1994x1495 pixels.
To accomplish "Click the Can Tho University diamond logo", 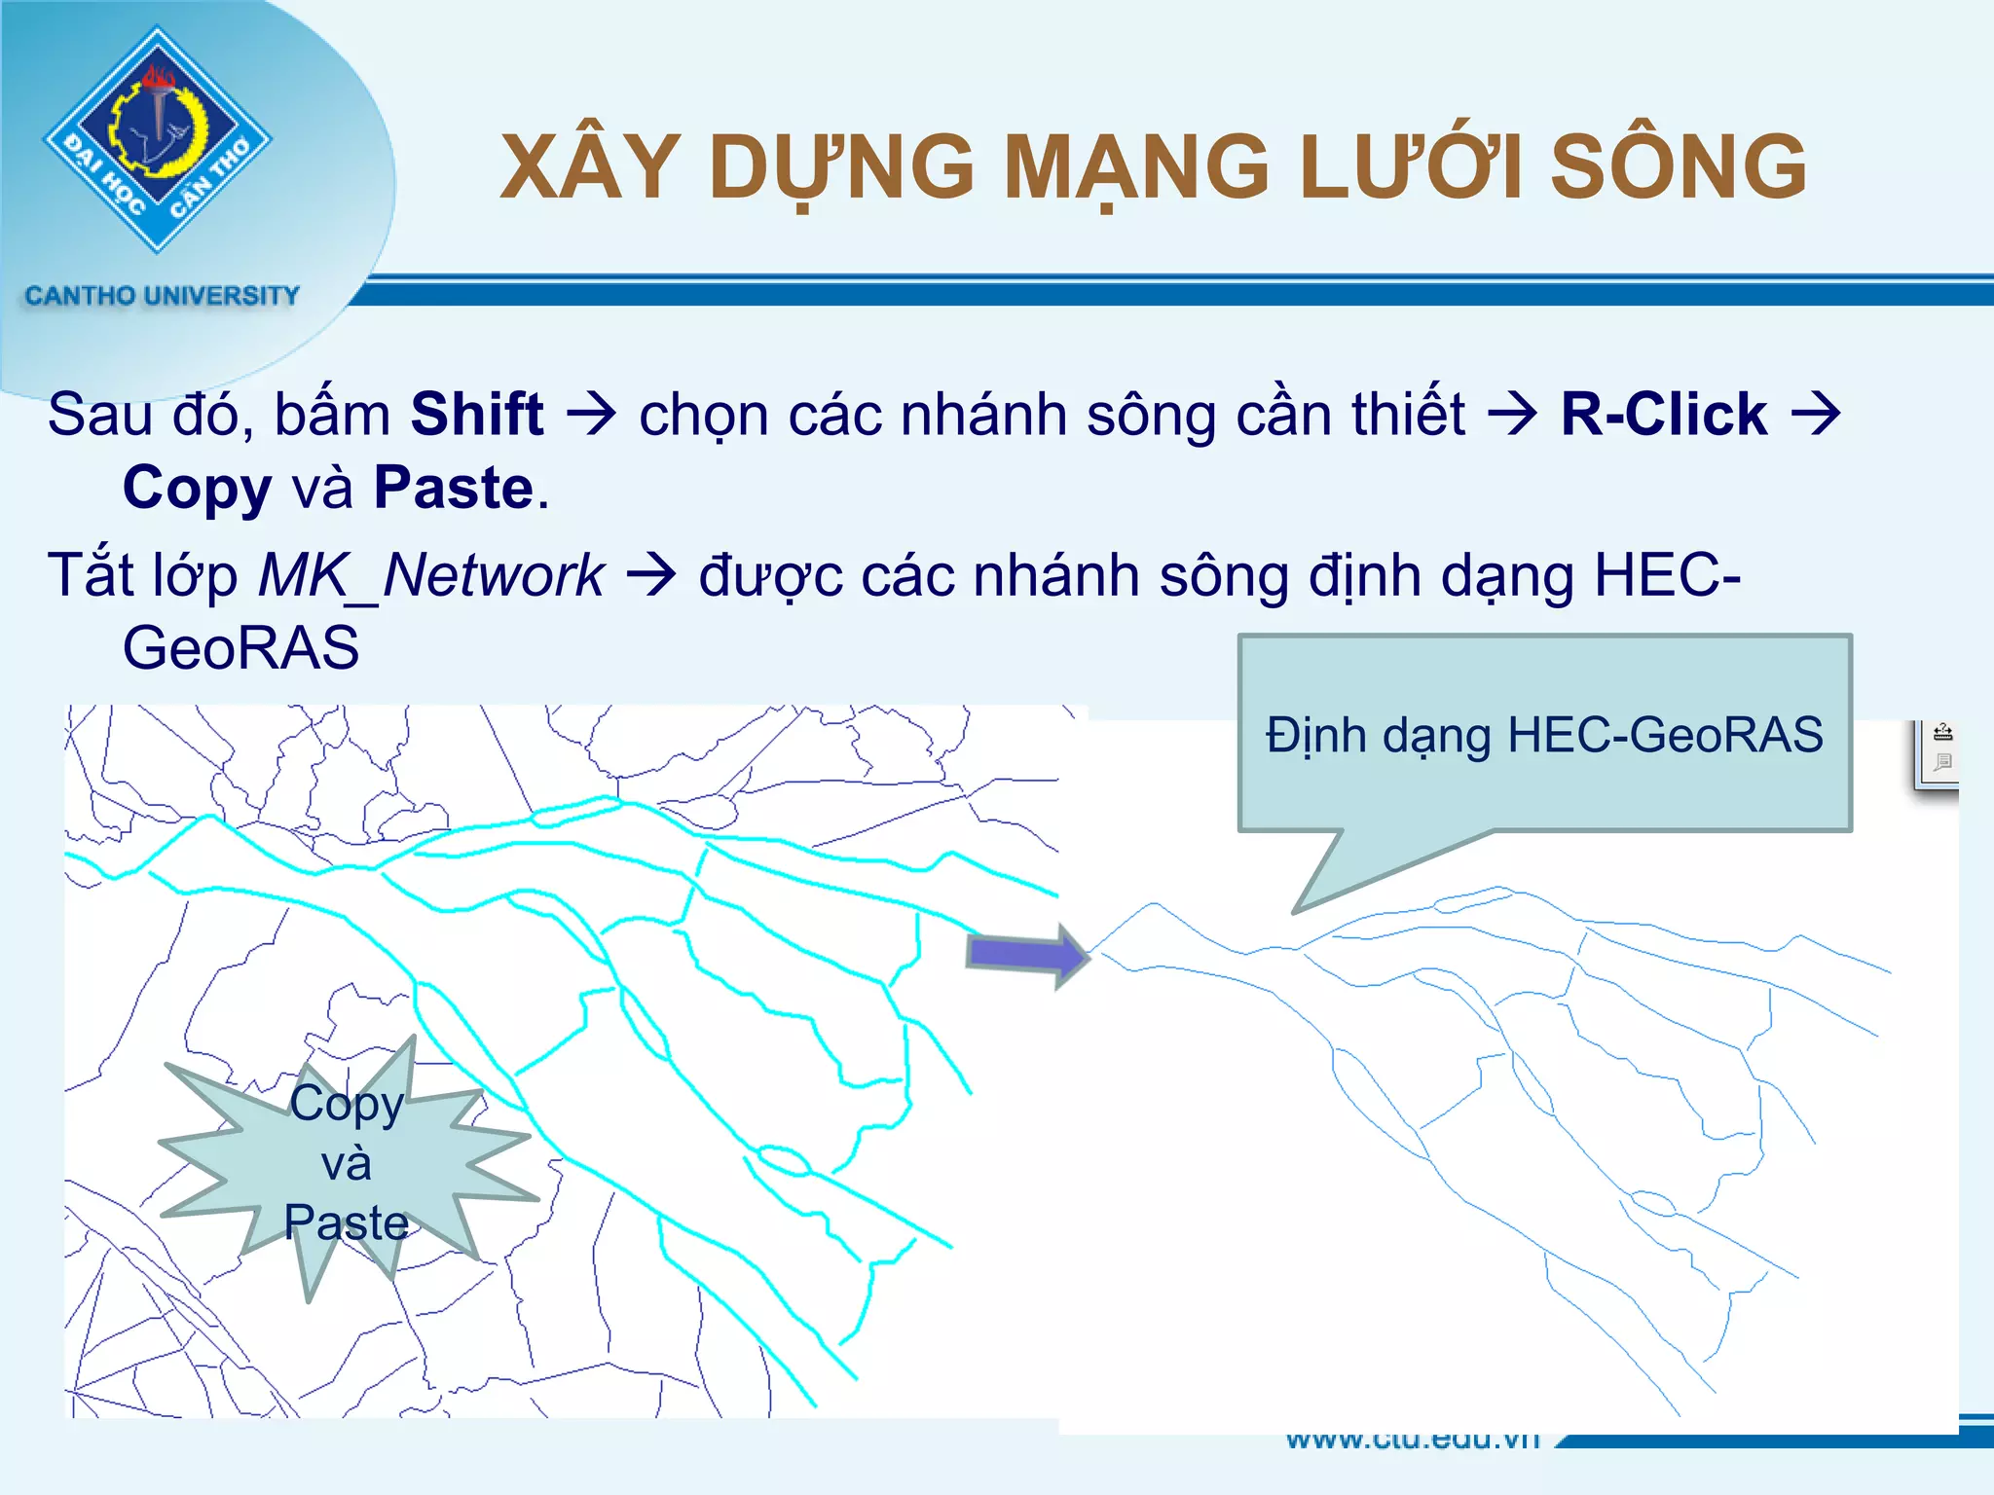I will [158, 139].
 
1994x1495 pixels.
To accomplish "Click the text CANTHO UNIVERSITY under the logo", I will [162, 295].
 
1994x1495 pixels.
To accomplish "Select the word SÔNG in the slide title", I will [1678, 167].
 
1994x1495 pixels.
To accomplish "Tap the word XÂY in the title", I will [590, 167].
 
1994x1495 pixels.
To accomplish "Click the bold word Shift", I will [476, 415].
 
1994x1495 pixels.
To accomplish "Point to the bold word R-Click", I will [1663, 415].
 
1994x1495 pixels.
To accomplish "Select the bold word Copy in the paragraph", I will [197, 488].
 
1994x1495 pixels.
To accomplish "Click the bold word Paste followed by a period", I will [454, 488].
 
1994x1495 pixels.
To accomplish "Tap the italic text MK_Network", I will [431, 575].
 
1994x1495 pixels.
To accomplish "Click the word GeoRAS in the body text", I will [240, 648].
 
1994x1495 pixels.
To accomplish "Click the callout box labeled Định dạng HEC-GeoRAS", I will [1543, 735].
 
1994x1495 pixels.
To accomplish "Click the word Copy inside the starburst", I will [347, 1104].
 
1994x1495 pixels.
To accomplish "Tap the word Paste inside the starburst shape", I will [347, 1222].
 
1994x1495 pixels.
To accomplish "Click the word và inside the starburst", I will [347, 1164].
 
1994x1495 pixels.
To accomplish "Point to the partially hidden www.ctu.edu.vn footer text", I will [1412, 1440].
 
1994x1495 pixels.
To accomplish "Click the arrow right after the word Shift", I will [591, 415].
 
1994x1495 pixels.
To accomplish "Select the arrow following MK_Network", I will [650, 575].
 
